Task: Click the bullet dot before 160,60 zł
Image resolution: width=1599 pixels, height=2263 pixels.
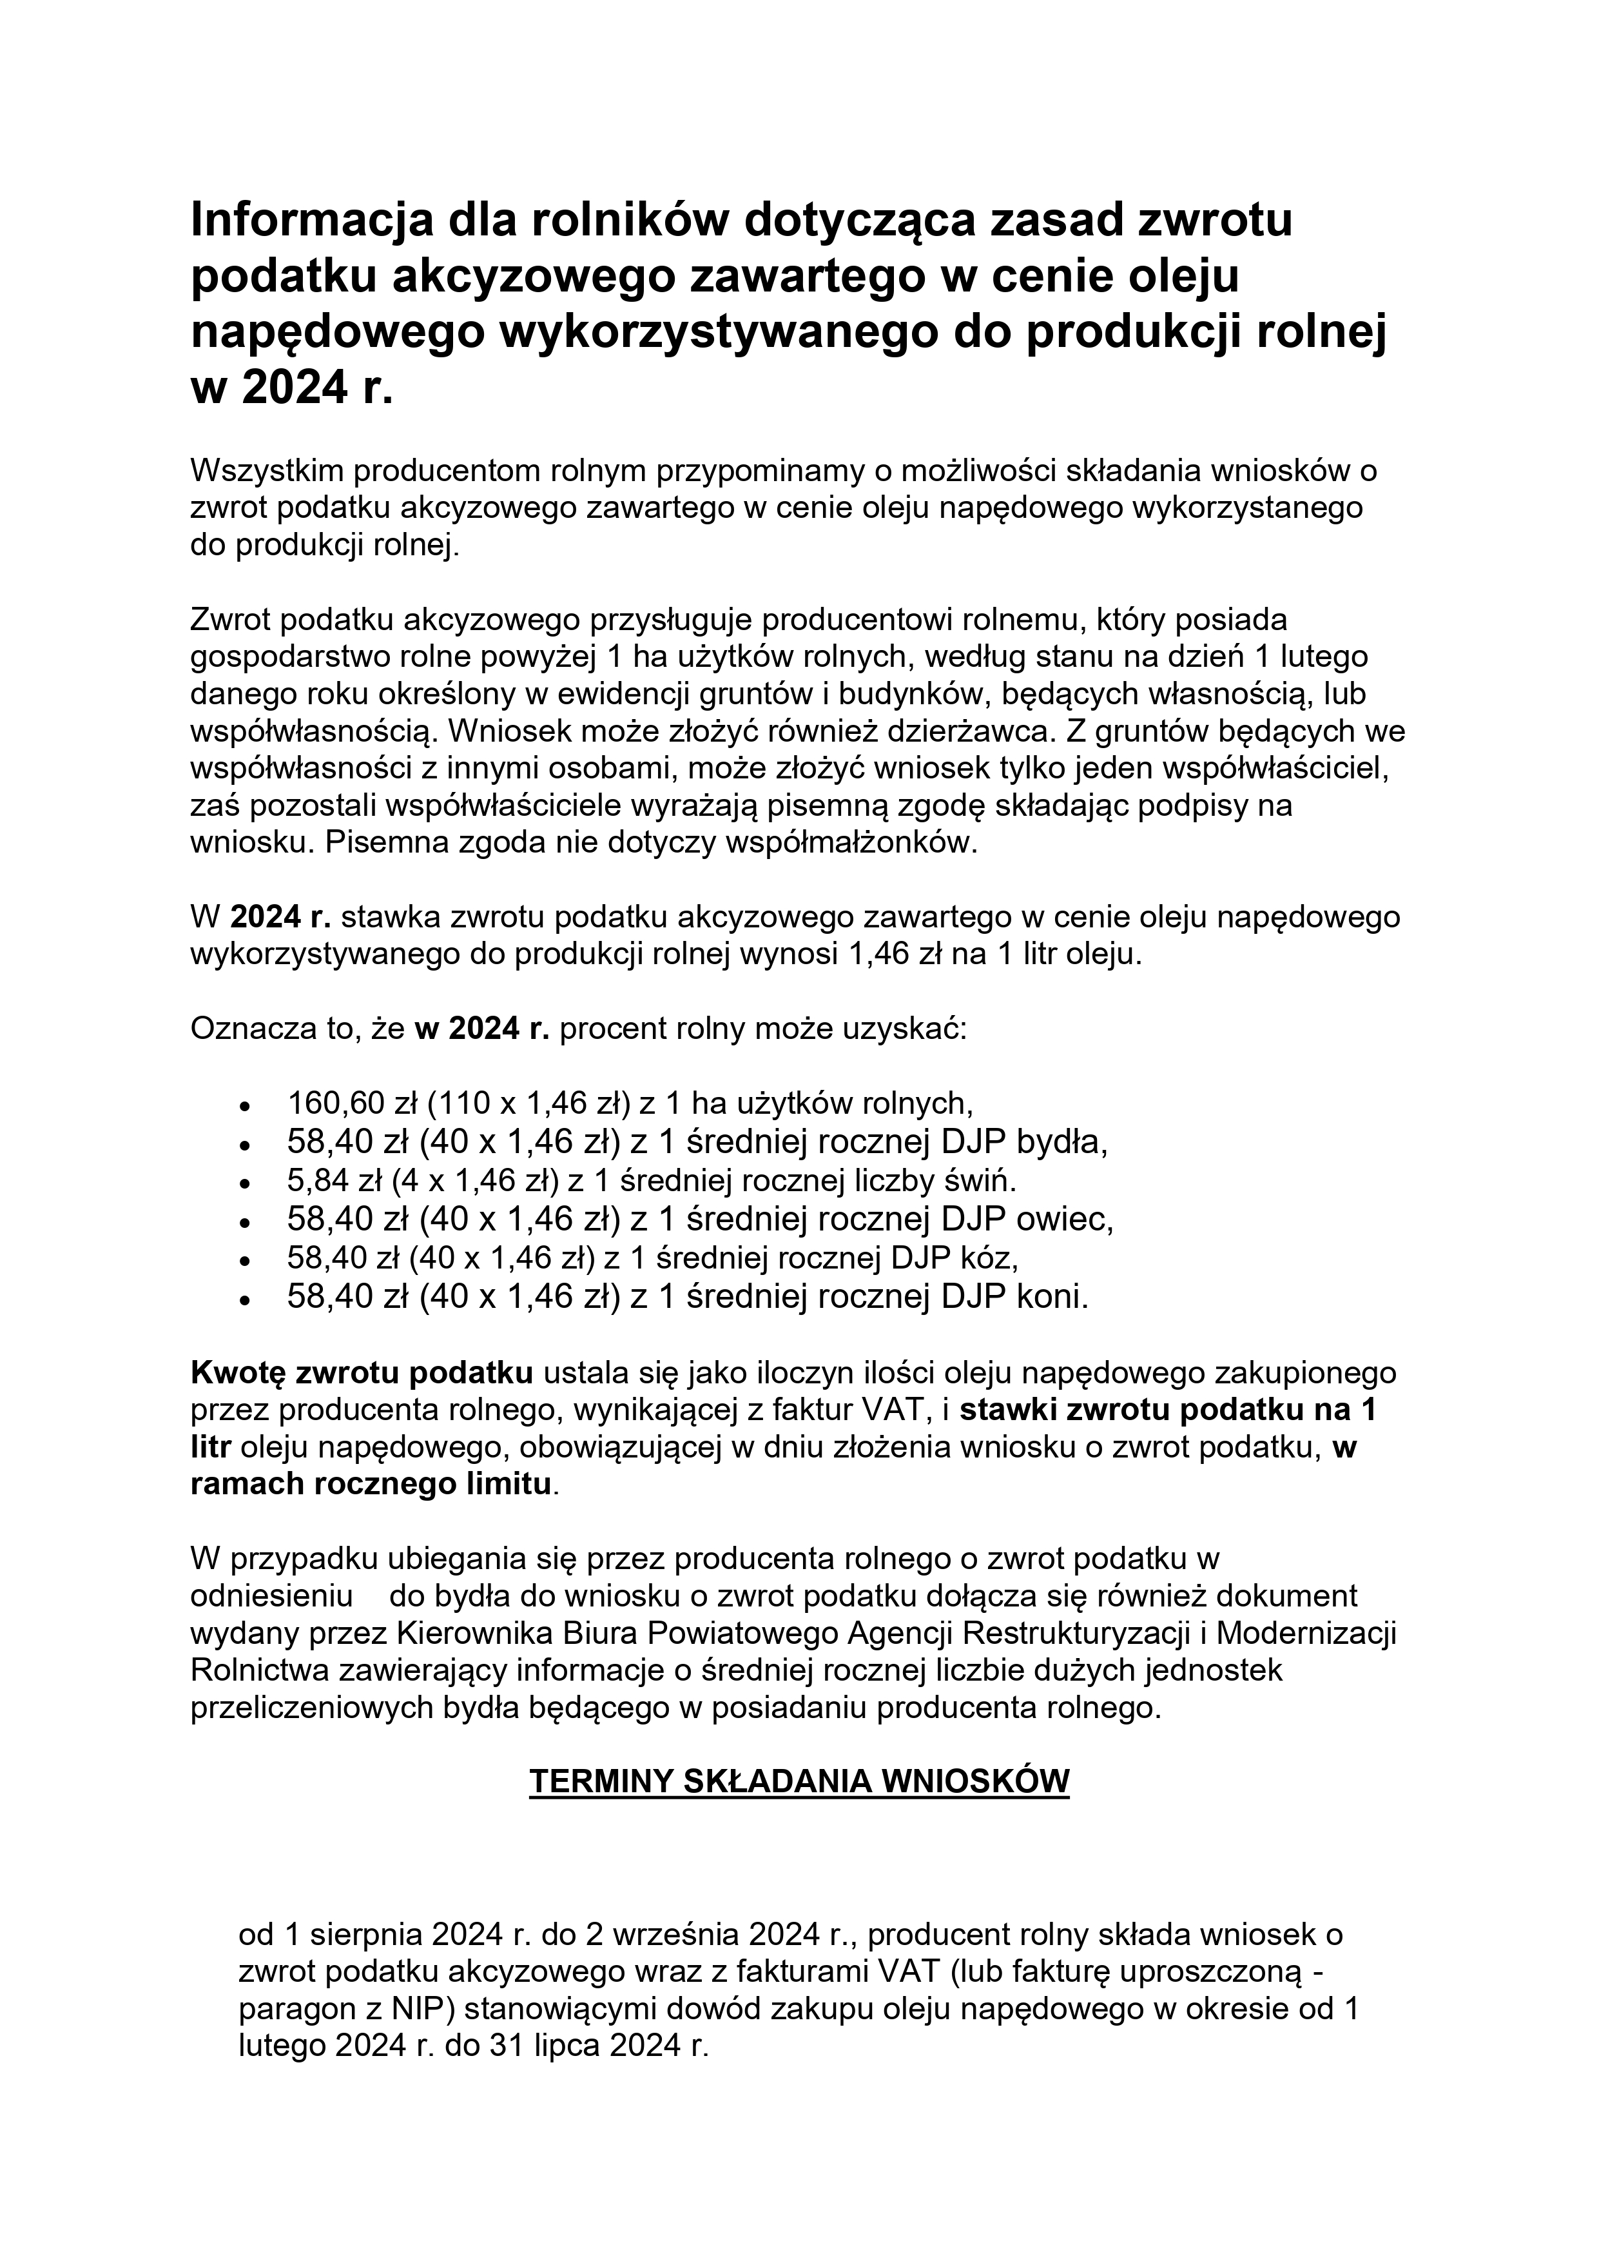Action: [244, 1105]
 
